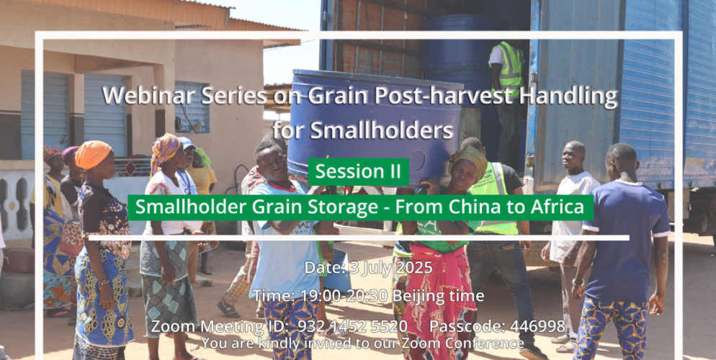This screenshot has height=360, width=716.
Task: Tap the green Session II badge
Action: click(359, 171)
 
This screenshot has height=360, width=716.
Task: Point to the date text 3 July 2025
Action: click(390, 267)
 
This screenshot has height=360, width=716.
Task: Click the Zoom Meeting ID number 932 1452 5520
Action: click(352, 326)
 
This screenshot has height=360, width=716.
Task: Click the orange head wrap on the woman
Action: click(93, 154)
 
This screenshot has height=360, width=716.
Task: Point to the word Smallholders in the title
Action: click(363, 130)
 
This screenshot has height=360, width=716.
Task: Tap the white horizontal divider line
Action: click(359, 238)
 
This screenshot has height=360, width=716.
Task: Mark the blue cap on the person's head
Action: click(187, 143)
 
